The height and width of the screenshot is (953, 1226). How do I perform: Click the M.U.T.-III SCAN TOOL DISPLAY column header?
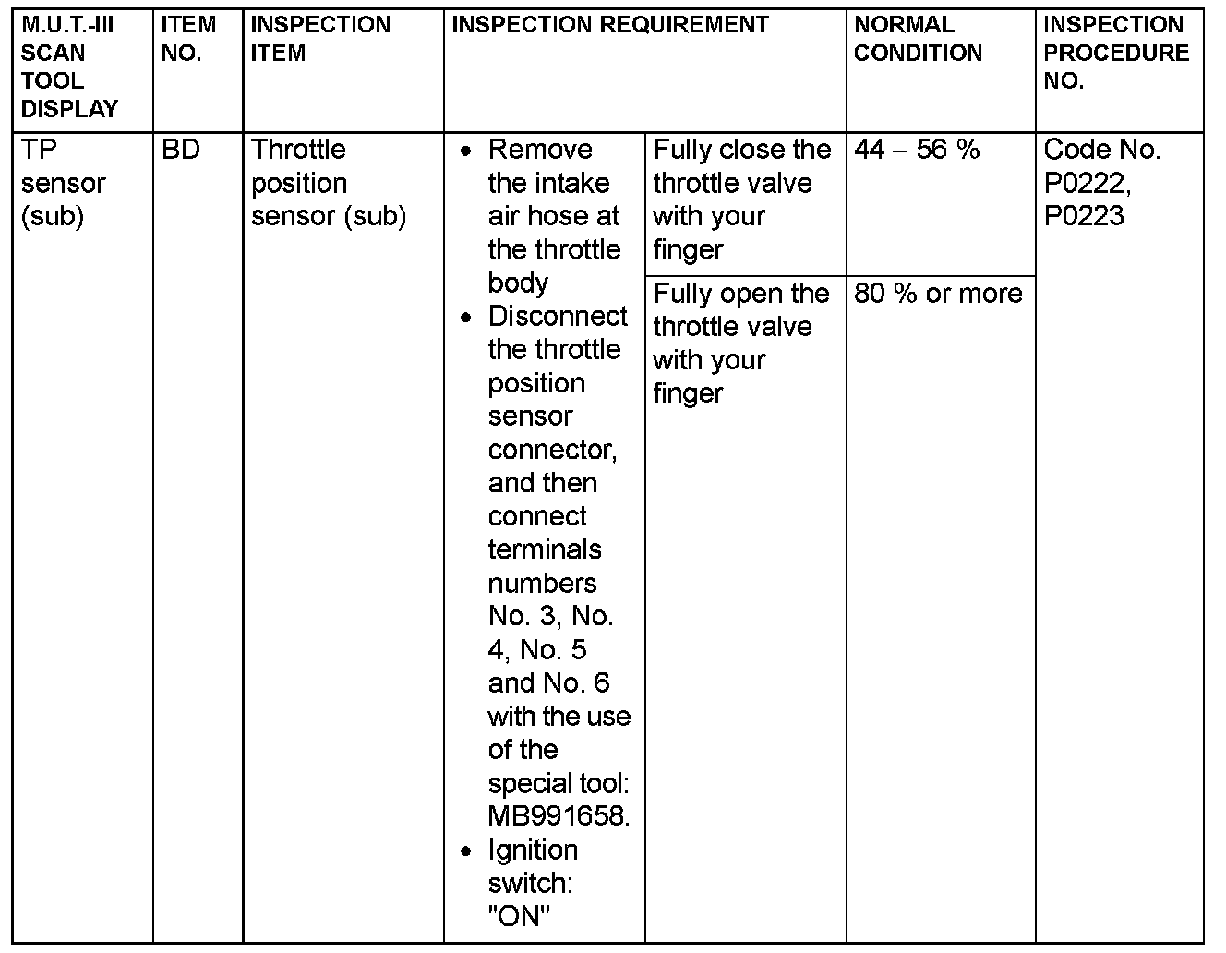70,66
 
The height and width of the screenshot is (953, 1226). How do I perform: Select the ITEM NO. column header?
188,39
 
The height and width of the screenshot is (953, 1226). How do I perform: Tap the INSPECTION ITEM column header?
320,39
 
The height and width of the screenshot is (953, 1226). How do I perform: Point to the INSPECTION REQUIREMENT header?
609,25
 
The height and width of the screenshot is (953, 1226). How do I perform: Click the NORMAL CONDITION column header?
918,39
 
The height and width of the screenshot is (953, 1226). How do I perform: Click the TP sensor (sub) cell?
63,183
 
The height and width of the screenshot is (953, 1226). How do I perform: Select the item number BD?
180,150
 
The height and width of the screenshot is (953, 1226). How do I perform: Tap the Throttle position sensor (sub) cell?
328,183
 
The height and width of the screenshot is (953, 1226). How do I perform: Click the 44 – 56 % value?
917,150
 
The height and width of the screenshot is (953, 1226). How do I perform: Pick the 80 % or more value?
938,294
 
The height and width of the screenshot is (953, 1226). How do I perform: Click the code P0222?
1087,183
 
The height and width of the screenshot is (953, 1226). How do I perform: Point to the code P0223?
1084,216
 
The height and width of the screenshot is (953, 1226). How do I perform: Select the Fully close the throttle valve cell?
741,199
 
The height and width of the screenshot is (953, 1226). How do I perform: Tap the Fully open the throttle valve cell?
741,344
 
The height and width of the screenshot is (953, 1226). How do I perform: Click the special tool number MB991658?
558,816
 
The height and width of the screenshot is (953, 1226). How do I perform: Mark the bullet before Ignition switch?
468,850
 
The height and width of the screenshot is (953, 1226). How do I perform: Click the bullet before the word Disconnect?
468,318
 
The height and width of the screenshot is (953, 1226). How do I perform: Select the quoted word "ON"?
518,916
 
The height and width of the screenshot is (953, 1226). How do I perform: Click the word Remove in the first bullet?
540,150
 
